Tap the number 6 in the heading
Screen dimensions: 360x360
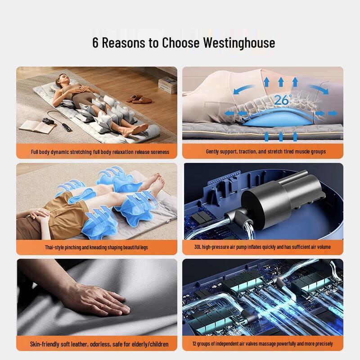pyautogui.click(x=96, y=43)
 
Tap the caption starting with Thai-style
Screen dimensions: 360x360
pyautogui.click(x=96, y=247)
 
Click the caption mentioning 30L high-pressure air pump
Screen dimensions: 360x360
pyautogui.click(x=263, y=247)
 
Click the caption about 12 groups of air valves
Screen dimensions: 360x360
pyautogui.click(x=263, y=344)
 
